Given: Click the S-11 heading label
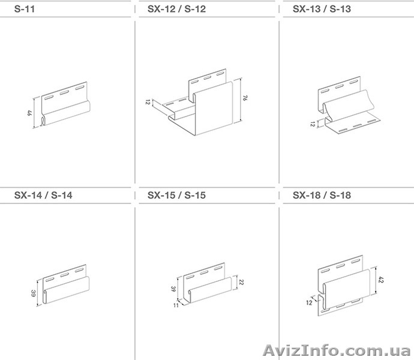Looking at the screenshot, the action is [x=25, y=9].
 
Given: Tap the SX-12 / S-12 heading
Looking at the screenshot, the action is [x=176, y=9].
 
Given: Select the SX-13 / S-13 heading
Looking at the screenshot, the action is [x=322, y=9].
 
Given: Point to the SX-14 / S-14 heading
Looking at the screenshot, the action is [x=43, y=195].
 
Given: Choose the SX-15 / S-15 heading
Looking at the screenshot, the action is [x=176, y=195].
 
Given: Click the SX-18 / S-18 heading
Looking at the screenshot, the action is [x=322, y=195].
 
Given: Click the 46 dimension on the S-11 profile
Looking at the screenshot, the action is [x=29, y=113].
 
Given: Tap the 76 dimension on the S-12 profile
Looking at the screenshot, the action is [x=245, y=98].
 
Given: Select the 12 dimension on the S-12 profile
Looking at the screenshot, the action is [x=148, y=102].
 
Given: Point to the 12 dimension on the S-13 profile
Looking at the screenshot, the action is [x=313, y=124].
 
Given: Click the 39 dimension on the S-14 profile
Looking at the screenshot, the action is [x=33, y=293].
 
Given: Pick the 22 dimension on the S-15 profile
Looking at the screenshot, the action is [x=241, y=282].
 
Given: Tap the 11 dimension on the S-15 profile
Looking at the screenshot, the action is [x=176, y=305].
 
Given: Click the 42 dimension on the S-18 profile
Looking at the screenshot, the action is [x=381, y=280].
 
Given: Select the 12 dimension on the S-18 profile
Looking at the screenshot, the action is [x=309, y=302].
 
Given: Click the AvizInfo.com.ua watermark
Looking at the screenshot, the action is [x=337, y=350].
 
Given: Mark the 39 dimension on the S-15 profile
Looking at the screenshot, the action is [x=173, y=289].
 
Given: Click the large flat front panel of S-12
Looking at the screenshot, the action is [x=214, y=108].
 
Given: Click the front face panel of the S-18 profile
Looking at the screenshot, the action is [x=346, y=288].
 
